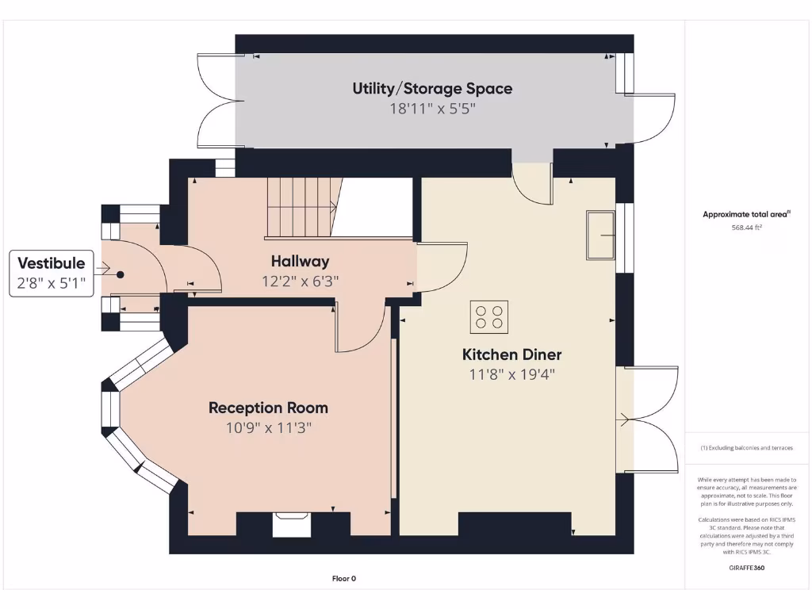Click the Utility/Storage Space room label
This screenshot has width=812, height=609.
(x=432, y=89)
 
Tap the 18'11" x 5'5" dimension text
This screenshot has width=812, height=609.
(x=432, y=109)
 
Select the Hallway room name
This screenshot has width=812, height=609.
(x=300, y=261)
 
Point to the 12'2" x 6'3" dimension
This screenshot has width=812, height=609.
(x=300, y=281)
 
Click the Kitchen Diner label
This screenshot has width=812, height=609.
(x=511, y=354)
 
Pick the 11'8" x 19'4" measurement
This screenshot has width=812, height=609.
(x=511, y=374)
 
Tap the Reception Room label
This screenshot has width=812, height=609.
(x=268, y=408)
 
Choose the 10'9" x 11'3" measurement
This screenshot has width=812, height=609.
(x=268, y=427)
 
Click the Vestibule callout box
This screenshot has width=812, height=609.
(x=52, y=274)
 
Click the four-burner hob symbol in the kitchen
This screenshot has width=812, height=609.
(x=489, y=316)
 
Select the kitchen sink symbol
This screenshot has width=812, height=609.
(x=601, y=235)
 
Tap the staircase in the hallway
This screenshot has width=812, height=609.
(x=300, y=207)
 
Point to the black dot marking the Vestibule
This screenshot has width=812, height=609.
(x=121, y=274)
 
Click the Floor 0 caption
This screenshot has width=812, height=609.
(x=343, y=579)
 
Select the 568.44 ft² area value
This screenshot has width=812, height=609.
(x=746, y=228)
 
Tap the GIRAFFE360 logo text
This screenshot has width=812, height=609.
(x=746, y=568)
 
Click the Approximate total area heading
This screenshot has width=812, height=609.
(x=746, y=214)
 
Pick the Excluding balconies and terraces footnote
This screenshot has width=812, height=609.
(x=746, y=448)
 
